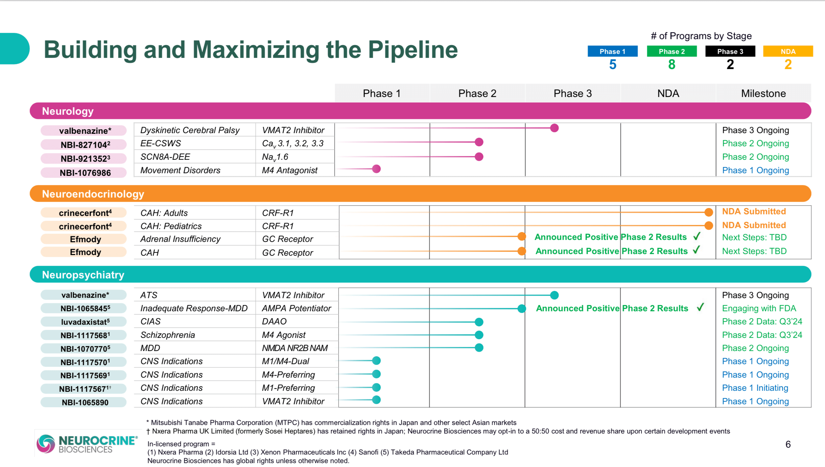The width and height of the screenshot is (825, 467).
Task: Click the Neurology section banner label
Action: tap(68, 111)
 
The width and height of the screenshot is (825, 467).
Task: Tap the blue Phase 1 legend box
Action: tap(612, 52)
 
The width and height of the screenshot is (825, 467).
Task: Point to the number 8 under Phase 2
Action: tap(672, 64)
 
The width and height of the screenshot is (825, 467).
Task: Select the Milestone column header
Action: tap(763, 93)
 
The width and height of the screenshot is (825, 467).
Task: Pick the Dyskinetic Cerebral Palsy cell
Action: tap(190, 130)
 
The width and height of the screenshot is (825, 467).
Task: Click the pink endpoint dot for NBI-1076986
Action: tap(376, 169)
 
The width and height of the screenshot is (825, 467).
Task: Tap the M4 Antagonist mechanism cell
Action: tap(290, 170)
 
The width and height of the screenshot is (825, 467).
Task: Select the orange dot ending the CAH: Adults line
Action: tap(709, 212)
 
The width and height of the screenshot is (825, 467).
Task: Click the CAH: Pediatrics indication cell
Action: tap(171, 226)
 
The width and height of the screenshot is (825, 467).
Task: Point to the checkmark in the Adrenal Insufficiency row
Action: tap(696, 236)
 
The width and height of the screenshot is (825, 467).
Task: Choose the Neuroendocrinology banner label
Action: tap(93, 194)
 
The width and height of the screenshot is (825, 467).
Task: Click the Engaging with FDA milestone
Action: tap(759, 308)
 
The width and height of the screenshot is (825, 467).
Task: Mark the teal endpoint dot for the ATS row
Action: tap(554, 295)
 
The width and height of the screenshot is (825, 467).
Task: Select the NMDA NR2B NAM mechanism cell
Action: tap(295, 348)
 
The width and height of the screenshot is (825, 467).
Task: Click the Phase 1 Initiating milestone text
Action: tap(755, 388)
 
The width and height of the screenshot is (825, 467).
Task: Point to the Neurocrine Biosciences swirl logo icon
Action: tap(46, 444)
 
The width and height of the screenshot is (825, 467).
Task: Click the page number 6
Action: tap(788, 444)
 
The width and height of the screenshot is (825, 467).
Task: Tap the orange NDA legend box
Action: tap(788, 52)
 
